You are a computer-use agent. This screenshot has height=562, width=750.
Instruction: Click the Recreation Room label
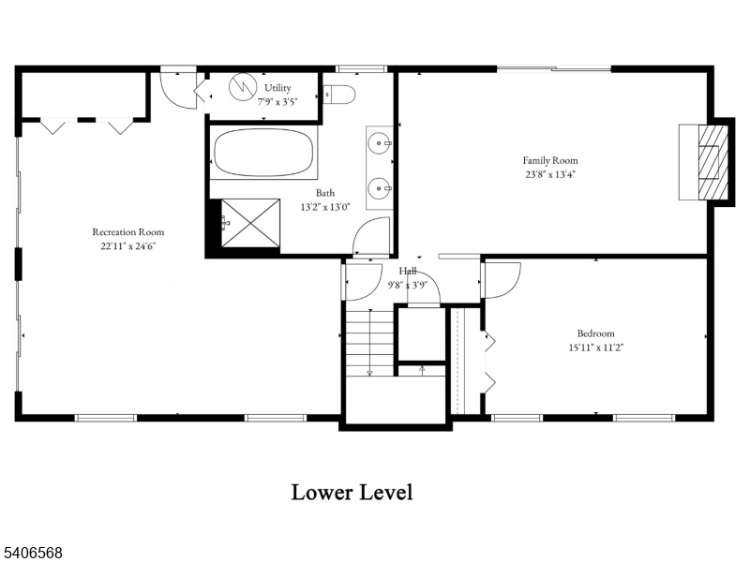(127, 231)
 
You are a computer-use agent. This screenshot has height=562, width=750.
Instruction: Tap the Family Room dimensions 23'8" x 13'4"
(549, 173)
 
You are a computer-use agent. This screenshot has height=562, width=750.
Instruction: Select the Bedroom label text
(595, 333)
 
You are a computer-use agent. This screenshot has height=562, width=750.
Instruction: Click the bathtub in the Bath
(263, 153)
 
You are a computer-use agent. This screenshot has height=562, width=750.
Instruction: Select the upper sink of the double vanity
(380, 144)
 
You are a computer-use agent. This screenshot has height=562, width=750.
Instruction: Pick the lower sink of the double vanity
(380, 186)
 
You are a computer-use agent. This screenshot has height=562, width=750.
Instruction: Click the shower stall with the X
(249, 222)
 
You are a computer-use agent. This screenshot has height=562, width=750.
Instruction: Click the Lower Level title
(352, 492)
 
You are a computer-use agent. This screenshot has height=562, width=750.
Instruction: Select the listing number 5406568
(33, 554)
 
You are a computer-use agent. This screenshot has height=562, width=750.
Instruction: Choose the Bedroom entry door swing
(502, 280)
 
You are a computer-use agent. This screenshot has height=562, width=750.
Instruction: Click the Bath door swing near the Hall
(372, 235)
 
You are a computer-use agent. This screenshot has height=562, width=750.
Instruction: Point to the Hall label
(407, 271)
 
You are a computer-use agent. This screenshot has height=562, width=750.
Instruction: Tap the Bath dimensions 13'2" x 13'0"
(325, 207)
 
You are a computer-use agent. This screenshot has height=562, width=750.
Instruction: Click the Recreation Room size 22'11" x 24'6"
(127, 246)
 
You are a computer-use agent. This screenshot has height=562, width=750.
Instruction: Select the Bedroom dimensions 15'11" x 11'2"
(595, 347)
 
